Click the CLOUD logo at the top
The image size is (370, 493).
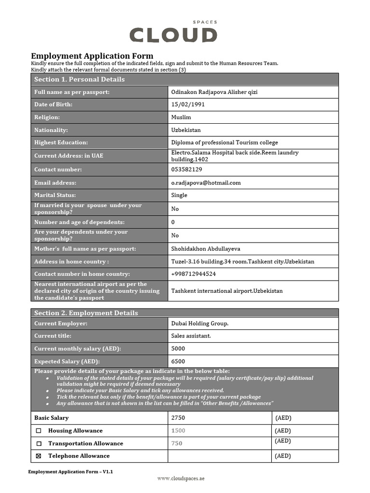tap(173, 34)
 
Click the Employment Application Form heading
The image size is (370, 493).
tap(92, 56)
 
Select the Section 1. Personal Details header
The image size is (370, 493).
tap(79, 79)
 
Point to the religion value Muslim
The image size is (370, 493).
tap(181, 117)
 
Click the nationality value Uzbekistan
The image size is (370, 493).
tap(186, 130)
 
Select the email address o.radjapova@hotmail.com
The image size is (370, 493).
tap(206, 182)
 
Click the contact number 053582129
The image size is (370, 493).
tap(186, 169)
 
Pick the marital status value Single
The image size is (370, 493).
tap(179, 195)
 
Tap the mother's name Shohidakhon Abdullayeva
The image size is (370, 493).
tap(206, 249)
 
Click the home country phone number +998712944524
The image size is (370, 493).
tap(193, 274)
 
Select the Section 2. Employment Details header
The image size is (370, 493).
tap(86, 313)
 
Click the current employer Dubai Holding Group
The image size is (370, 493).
tap(200, 324)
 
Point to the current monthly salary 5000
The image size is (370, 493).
tap(178, 349)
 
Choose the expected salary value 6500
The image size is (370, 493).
tap(178, 361)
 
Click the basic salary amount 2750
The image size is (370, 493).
tap(178, 418)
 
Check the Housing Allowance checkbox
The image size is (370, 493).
tap(39, 431)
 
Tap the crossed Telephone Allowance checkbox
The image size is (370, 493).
tap(39, 456)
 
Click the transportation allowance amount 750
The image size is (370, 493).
tap(177, 443)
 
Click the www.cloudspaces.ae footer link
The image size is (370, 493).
tap(181, 479)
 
